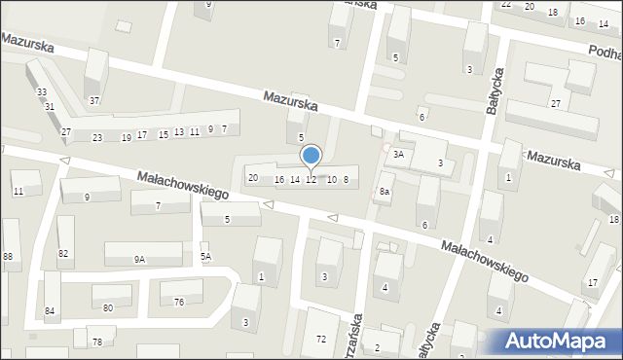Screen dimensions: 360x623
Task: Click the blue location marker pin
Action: [311, 156]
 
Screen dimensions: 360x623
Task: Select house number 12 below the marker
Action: [311, 179]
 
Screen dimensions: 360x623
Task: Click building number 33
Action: [41, 91]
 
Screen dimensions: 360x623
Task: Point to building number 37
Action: [94, 101]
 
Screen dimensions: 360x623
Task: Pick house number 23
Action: [97, 138]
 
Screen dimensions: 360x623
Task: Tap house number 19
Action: [127, 137]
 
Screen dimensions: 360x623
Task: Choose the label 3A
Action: [398, 155]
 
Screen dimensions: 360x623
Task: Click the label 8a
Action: [385, 192]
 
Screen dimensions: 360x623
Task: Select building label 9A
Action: [140, 259]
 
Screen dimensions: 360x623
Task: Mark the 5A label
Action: [205, 257]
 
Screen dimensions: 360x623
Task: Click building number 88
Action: [8, 256]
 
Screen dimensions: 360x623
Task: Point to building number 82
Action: [63, 253]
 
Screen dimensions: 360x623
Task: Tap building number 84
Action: [50, 311]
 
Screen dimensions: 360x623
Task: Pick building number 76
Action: [179, 302]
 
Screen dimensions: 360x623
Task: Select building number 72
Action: [321, 339]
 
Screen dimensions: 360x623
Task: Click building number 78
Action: [96, 342]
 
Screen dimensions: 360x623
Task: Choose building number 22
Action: [506, 5]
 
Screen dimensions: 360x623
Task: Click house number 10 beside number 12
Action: [331, 179]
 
